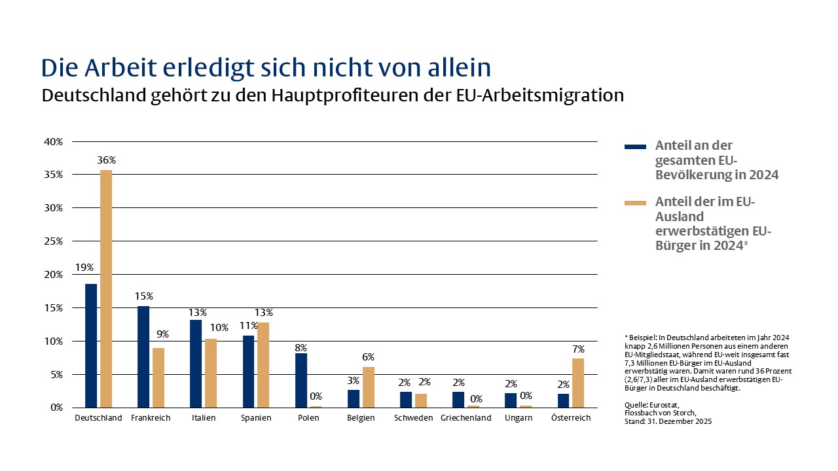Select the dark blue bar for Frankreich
click(143, 357)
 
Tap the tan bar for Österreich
click(578, 383)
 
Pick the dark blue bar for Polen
click(301, 380)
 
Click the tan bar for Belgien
click(369, 387)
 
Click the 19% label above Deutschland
click(85, 268)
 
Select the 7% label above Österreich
click(578, 349)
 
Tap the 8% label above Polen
click(301, 348)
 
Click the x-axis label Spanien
click(256, 418)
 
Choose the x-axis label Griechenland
click(465, 418)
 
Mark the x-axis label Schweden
click(413, 418)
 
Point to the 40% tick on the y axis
click(53, 141)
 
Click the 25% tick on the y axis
click(53, 241)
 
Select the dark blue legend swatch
click(635, 147)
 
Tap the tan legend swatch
click(635, 203)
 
